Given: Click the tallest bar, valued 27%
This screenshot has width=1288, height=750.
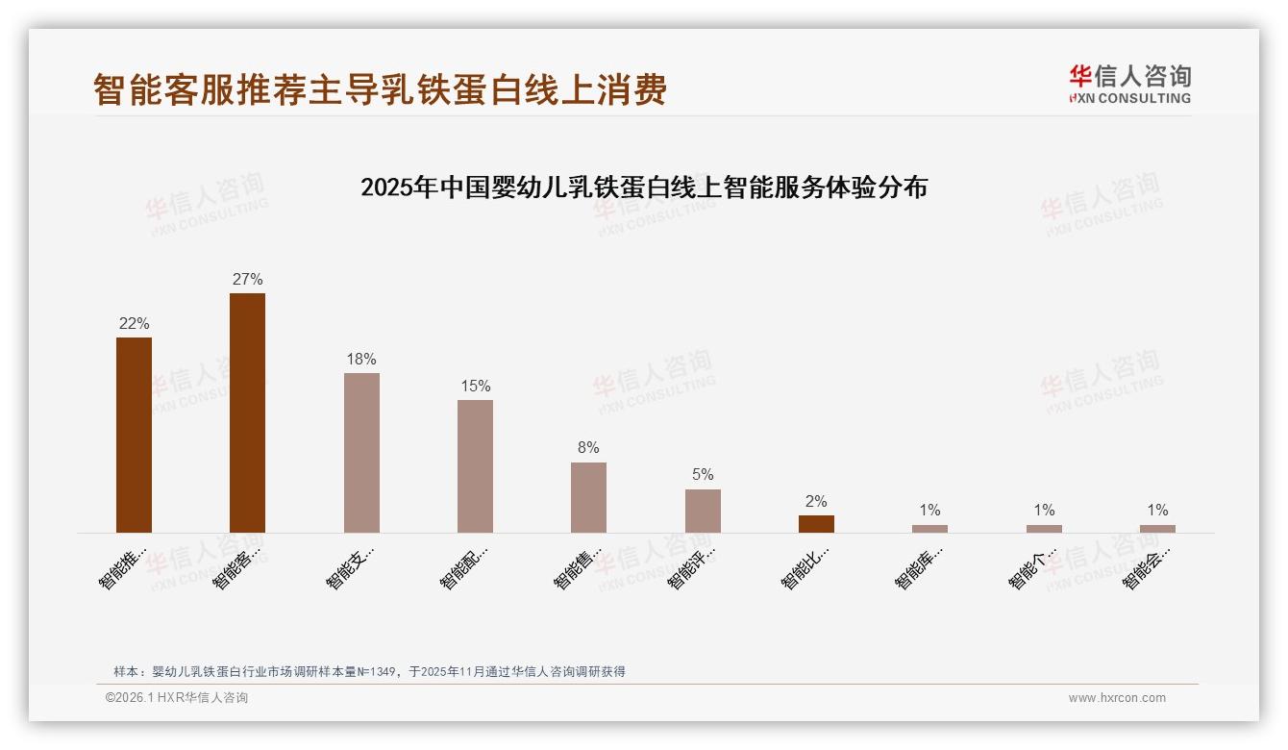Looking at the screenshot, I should (247, 412).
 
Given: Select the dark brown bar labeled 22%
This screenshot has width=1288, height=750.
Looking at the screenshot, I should (134, 435).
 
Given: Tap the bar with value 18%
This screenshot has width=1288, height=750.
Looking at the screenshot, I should (361, 452).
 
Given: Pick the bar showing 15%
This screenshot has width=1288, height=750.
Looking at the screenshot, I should (475, 465).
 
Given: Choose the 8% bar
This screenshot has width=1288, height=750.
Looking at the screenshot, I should (588, 497).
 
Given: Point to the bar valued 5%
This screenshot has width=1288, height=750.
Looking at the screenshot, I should (703, 511).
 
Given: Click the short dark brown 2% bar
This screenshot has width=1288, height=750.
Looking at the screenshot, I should (816, 524).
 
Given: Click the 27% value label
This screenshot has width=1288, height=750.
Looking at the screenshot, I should (247, 280).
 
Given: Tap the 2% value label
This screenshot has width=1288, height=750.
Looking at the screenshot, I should (816, 502).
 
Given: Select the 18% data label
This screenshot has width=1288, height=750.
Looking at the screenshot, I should (361, 360).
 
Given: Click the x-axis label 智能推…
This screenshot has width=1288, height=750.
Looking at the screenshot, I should (123, 567).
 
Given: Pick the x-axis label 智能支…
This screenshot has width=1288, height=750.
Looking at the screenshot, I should (350, 567).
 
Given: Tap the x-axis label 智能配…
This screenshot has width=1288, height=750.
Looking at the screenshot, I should (464, 567).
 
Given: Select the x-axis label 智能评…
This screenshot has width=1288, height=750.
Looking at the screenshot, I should (691, 567).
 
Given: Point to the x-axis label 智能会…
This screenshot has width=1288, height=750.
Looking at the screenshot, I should (1147, 567).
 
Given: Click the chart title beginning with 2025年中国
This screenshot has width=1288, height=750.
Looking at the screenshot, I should (644, 187).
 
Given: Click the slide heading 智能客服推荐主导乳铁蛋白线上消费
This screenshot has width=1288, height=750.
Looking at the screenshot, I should (380, 90).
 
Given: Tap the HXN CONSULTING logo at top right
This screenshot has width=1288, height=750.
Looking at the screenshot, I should (1129, 85).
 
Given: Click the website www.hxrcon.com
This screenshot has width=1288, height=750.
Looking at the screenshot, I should (1117, 698).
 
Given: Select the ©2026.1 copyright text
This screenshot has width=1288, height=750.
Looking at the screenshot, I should (177, 698).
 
